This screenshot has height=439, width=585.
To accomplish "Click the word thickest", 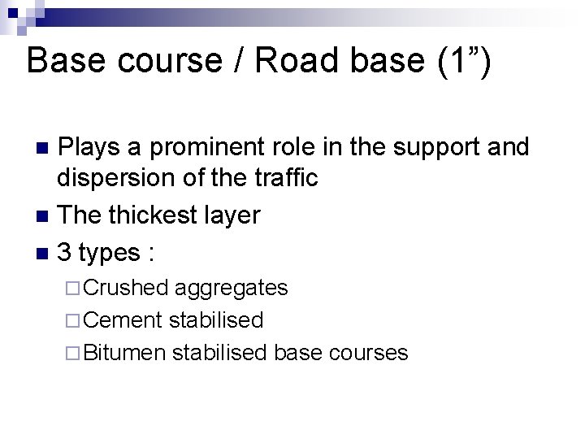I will point(153,215).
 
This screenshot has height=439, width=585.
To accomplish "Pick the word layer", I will point(233,215).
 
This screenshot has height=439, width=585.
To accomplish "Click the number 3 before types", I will point(64,252).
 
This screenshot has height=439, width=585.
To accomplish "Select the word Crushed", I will point(126,287).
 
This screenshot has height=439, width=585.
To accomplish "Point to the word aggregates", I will point(231,288).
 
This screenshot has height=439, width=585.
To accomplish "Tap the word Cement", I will point(123,319).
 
